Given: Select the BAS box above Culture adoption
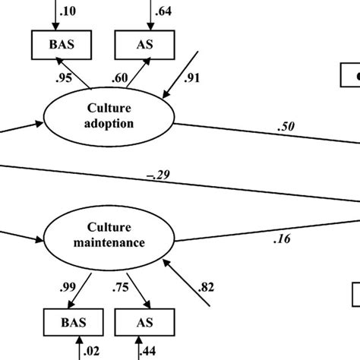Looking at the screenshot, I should (54, 44).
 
